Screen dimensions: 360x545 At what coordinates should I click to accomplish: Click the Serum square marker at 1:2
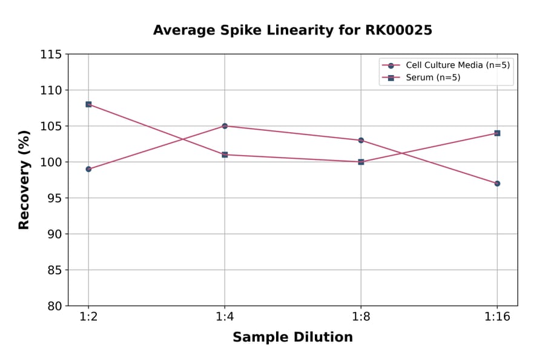coord(88,104)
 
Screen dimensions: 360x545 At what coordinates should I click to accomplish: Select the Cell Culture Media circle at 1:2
coord(88,169)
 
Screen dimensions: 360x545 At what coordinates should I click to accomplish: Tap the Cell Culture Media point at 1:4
coord(225,126)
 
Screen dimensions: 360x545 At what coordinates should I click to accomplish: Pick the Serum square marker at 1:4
coord(225,155)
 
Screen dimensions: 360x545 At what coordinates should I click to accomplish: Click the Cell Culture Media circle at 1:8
coord(361,140)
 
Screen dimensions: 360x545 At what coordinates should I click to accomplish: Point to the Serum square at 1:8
coord(361,162)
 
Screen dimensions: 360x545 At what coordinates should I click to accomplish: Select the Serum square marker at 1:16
coord(497,133)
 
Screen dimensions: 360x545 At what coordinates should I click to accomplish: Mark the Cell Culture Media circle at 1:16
coord(497,183)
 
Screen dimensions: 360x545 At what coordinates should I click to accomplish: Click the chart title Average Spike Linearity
coord(292,30)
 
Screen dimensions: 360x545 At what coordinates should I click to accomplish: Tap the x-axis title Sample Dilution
coord(292,338)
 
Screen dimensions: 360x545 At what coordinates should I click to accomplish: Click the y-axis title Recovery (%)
coord(24,180)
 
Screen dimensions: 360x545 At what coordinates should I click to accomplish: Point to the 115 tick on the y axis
coord(51,55)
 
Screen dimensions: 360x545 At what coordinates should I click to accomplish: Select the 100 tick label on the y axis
coord(51,162)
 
